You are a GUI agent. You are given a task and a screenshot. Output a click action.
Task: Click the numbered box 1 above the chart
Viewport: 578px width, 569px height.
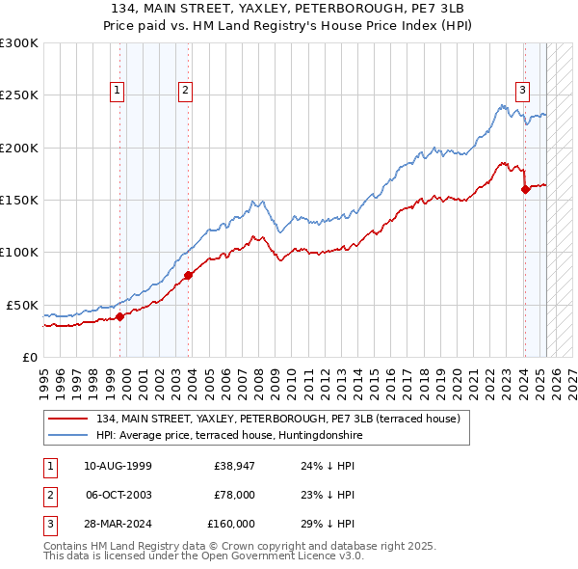pyautogui.click(x=117, y=92)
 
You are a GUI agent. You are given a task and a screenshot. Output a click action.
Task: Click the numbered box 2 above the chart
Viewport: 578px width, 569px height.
pyautogui.click(x=184, y=92)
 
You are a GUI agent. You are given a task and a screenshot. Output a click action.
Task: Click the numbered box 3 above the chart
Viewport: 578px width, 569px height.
pyautogui.click(x=521, y=92)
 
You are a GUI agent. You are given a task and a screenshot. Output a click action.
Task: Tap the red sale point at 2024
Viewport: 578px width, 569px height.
pyautogui.click(x=525, y=190)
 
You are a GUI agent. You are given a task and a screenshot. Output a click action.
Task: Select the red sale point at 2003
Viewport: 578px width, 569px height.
pyautogui.click(x=188, y=276)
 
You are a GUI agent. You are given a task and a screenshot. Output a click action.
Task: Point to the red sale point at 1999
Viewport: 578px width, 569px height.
pyautogui.click(x=119, y=316)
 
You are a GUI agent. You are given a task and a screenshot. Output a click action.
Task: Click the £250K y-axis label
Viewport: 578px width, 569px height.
pyautogui.click(x=18, y=95)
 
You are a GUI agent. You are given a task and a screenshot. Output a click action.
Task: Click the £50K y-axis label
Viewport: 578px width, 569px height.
pyautogui.click(x=22, y=305)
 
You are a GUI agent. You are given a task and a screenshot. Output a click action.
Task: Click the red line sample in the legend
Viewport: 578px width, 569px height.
pyautogui.click(x=69, y=419)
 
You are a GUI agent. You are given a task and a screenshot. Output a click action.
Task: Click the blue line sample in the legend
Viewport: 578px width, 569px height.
pyautogui.click(x=69, y=435)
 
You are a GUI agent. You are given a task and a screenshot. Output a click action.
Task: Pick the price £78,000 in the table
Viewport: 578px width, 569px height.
pyautogui.click(x=234, y=495)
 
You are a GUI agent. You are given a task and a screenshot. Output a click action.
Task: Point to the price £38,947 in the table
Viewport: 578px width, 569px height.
pyautogui.click(x=234, y=466)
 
